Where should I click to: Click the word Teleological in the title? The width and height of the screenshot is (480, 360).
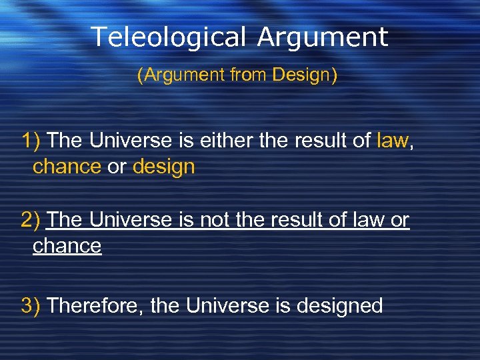click(x=167, y=37)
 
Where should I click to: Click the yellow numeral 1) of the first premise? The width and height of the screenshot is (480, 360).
click(x=32, y=141)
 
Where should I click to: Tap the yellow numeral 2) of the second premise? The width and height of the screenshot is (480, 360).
click(x=32, y=219)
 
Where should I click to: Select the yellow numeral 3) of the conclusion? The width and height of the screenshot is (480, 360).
click(x=32, y=306)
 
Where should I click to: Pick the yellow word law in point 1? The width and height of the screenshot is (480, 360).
click(x=393, y=141)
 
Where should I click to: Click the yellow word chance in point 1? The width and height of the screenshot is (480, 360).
click(x=67, y=167)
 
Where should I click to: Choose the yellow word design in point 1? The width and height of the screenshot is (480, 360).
click(x=163, y=167)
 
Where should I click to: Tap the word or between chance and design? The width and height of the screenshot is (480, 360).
click(x=116, y=167)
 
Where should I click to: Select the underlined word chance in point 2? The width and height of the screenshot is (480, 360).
click(x=67, y=246)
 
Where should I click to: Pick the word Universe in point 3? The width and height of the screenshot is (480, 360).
click(x=227, y=306)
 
